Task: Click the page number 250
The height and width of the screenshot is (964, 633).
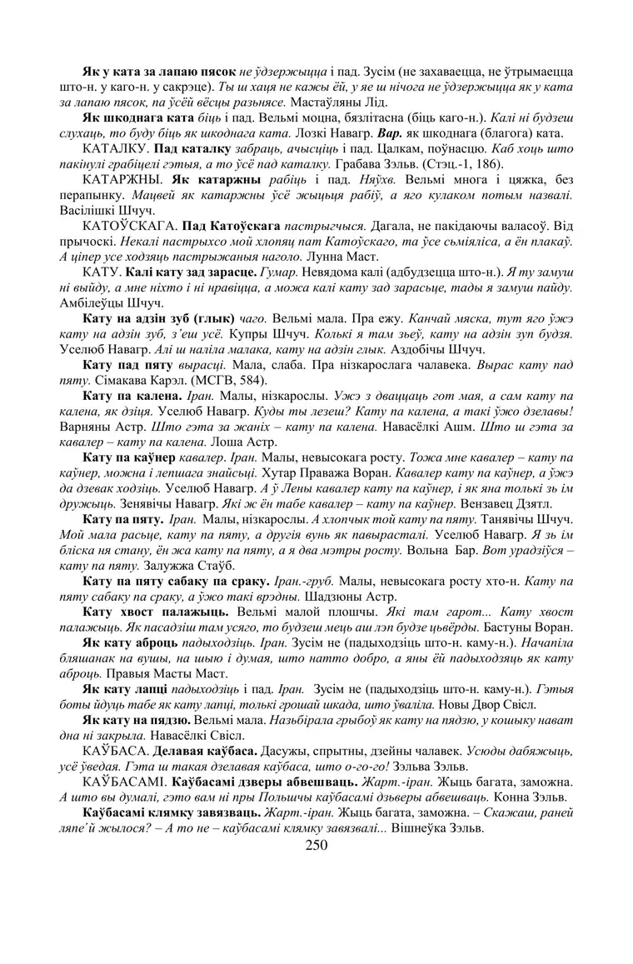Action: pos(316,845)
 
